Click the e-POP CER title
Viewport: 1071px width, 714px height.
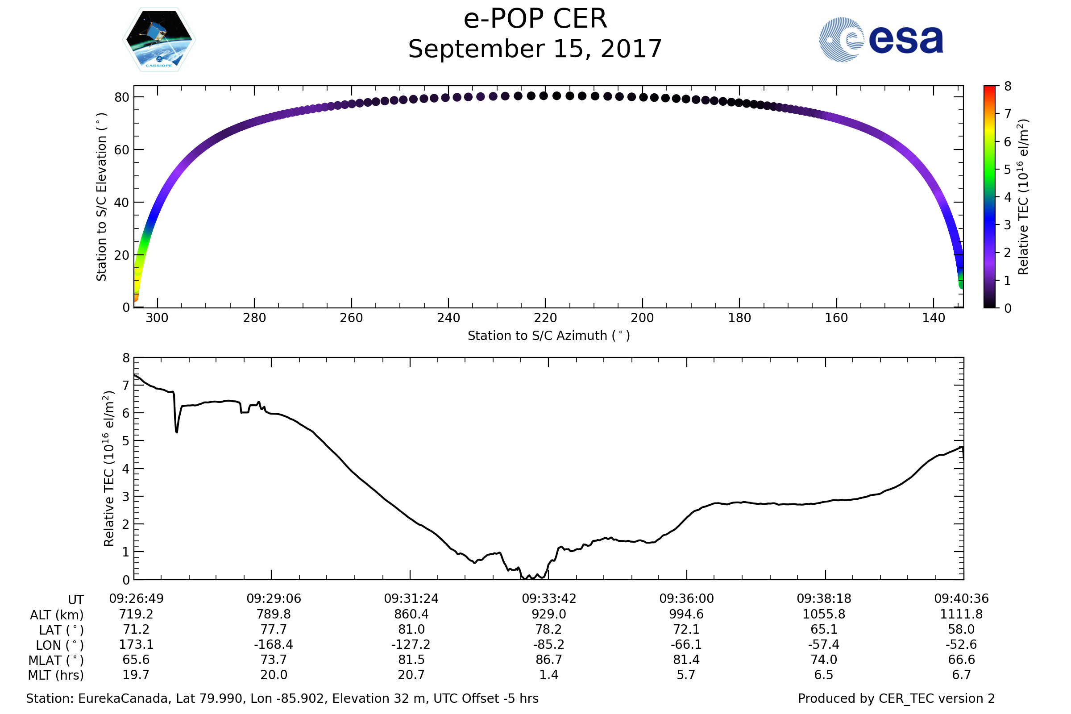535,19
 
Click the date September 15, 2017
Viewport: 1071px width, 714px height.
535,49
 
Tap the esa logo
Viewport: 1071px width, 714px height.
881,40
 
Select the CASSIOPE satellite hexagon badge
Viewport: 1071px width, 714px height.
159,40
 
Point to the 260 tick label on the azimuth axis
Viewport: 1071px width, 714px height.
351,318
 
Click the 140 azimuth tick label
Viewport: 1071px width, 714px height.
934,318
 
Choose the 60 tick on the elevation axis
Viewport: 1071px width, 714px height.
121,150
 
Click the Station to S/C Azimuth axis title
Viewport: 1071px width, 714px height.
549,336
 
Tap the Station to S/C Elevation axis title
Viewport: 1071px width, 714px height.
102,197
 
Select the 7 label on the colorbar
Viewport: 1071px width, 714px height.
1008,114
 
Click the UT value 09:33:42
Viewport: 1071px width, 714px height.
549,599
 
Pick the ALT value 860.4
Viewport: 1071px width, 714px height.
411,614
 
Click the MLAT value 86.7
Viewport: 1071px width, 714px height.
549,660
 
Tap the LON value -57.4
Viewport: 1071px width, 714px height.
824,645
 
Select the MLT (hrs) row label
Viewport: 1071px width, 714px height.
56,675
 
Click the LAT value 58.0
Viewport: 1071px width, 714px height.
961,629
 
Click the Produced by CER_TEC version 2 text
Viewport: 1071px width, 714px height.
896,699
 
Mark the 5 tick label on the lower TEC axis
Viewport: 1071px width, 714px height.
126,441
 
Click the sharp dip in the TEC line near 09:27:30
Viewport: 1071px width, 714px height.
176,431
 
